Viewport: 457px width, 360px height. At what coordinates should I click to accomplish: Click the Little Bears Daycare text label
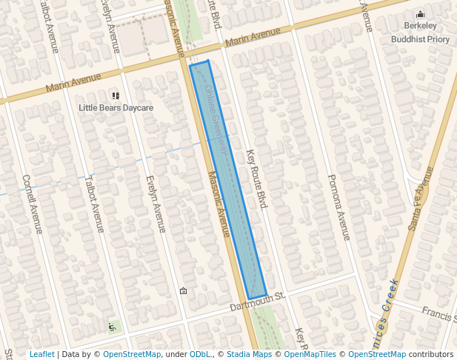116,108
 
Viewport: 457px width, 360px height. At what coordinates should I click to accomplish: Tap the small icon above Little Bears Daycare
116,96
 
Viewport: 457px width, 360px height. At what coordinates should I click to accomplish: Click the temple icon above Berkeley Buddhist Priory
421,13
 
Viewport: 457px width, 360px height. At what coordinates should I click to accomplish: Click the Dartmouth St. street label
257,301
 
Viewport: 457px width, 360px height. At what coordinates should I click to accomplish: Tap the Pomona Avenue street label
338,207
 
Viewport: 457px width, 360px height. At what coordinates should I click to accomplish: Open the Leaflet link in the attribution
41,354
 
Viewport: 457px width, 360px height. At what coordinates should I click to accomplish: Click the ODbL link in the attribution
199,354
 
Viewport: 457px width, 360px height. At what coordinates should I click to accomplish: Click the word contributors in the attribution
430,354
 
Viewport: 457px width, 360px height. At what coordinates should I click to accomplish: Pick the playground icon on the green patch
112,326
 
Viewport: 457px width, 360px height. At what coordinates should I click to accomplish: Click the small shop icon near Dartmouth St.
183,291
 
